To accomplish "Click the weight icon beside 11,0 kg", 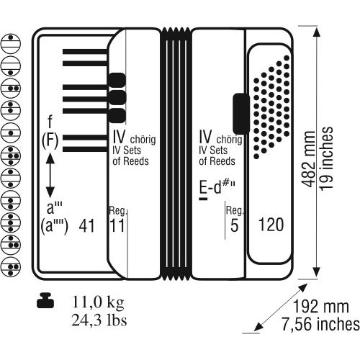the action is click(45, 300).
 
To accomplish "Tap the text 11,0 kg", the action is click(98, 302).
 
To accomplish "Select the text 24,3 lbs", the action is click(99, 320).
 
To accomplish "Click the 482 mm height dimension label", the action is click(308, 159).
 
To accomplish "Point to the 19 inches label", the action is click(326, 159).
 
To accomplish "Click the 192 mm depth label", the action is click(321, 307).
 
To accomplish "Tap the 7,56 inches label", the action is click(320, 324).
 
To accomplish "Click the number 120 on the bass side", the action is click(271, 225).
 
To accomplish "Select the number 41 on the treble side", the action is click(86, 225).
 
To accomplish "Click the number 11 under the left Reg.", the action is click(117, 225).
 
